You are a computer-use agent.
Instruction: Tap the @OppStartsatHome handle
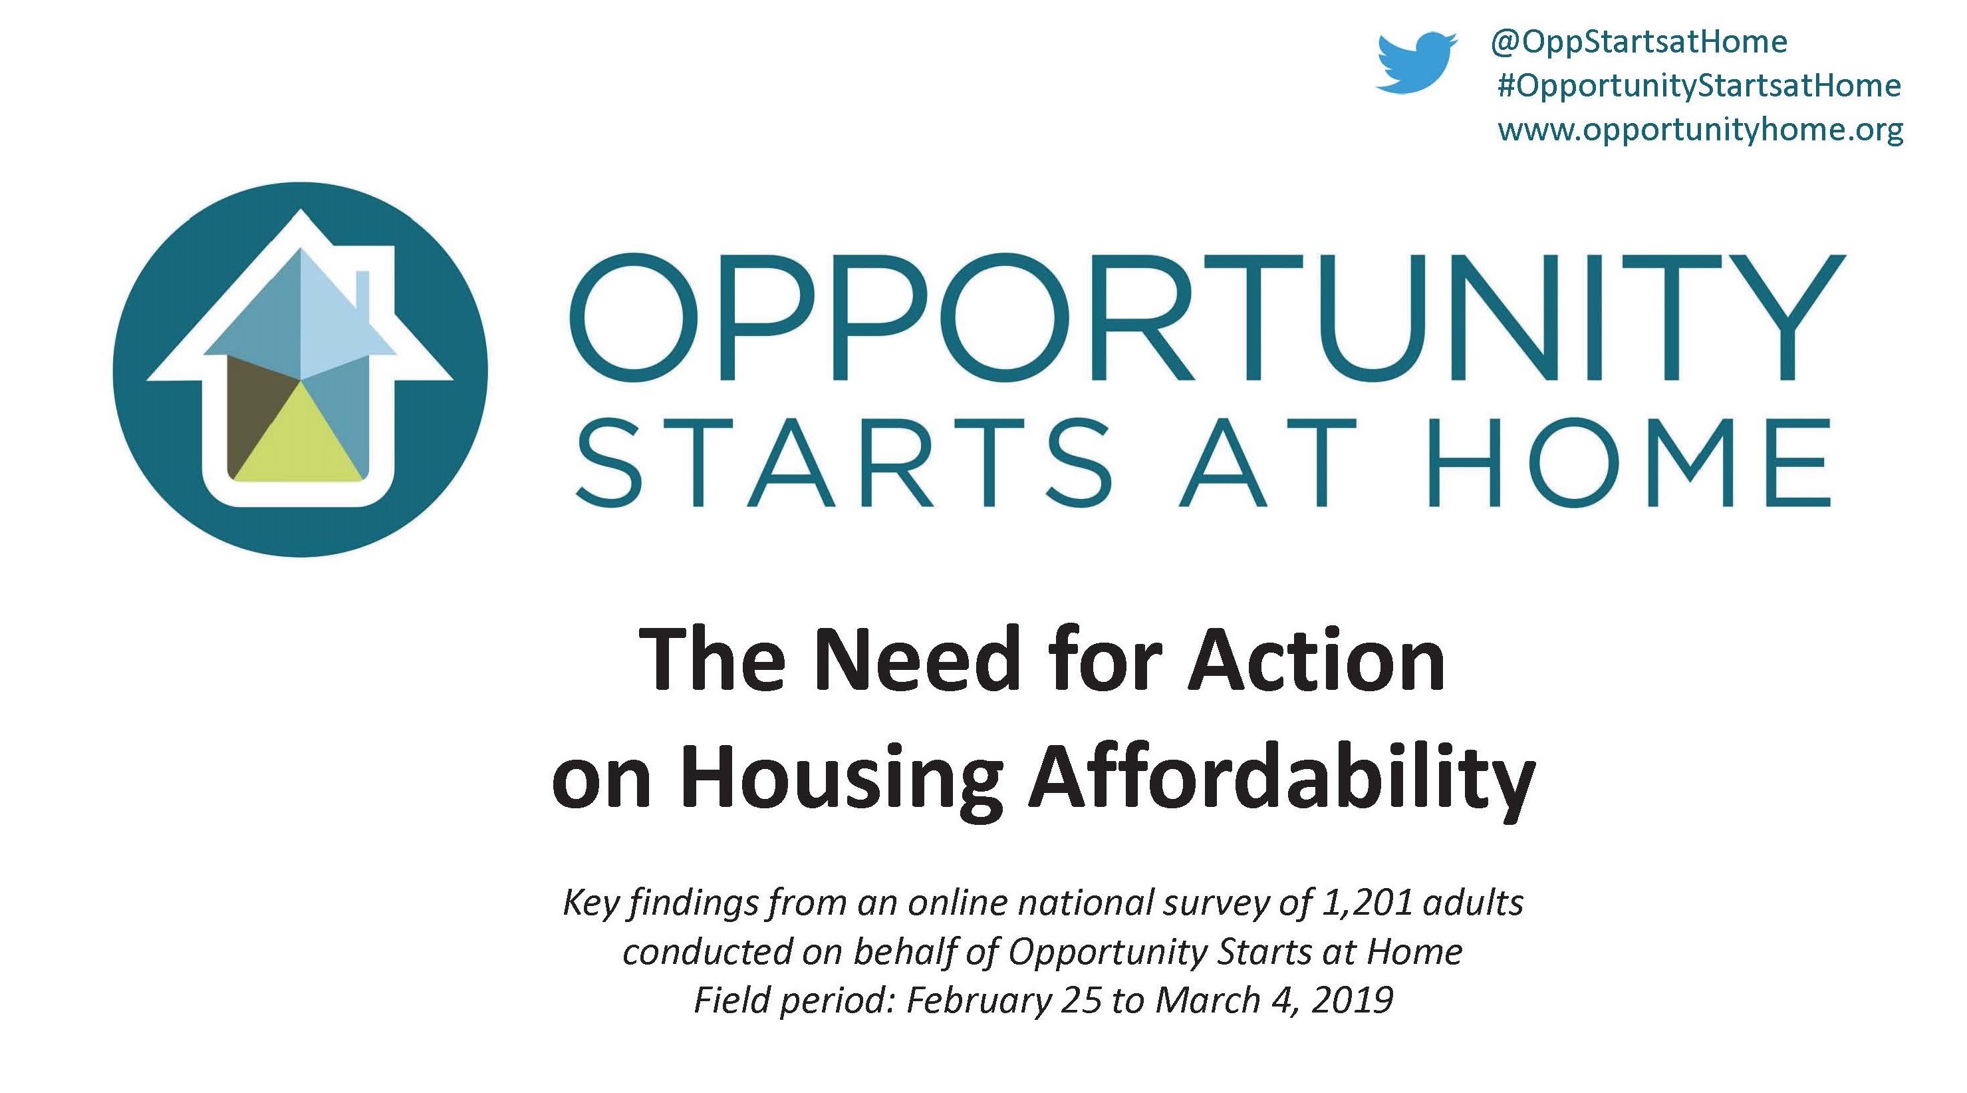click(x=1638, y=42)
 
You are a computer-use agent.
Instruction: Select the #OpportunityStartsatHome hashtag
click(x=1698, y=86)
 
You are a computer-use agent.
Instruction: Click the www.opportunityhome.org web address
click(x=1700, y=130)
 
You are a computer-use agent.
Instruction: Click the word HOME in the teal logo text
click(x=1627, y=463)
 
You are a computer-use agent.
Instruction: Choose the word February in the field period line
click(x=978, y=1000)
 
